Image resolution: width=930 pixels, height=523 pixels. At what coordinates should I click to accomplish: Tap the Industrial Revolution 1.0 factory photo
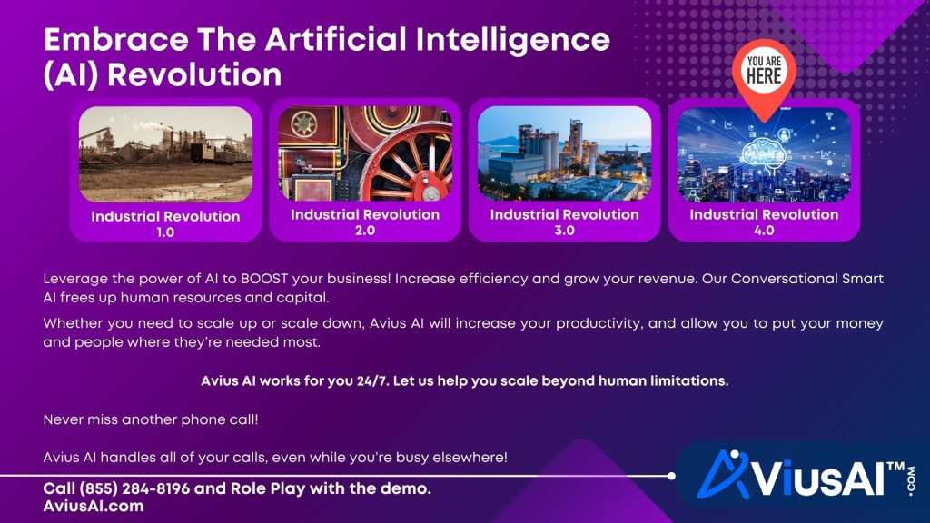click(x=165, y=153)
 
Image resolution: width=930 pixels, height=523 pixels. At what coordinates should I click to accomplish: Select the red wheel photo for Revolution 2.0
click(x=365, y=153)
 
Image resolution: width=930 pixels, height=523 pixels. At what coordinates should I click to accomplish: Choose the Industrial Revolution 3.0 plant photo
click(x=564, y=153)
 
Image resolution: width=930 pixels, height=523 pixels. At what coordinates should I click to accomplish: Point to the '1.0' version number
click(x=165, y=232)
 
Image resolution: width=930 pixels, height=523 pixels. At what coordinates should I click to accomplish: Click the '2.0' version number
click(x=365, y=231)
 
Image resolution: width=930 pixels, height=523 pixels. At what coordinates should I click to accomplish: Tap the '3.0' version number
click(x=564, y=231)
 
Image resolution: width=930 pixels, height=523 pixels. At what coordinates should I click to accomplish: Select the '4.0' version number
click(x=764, y=231)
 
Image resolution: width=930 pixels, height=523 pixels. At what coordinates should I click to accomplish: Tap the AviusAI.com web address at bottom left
click(x=94, y=507)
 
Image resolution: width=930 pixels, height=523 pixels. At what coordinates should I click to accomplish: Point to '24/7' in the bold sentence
click(x=354, y=381)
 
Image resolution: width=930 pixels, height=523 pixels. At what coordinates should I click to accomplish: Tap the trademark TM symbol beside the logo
click(x=895, y=466)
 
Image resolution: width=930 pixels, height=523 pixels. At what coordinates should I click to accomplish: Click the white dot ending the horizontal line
click(x=671, y=476)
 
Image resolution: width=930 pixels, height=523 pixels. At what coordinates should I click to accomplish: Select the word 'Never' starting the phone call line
click(x=64, y=421)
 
